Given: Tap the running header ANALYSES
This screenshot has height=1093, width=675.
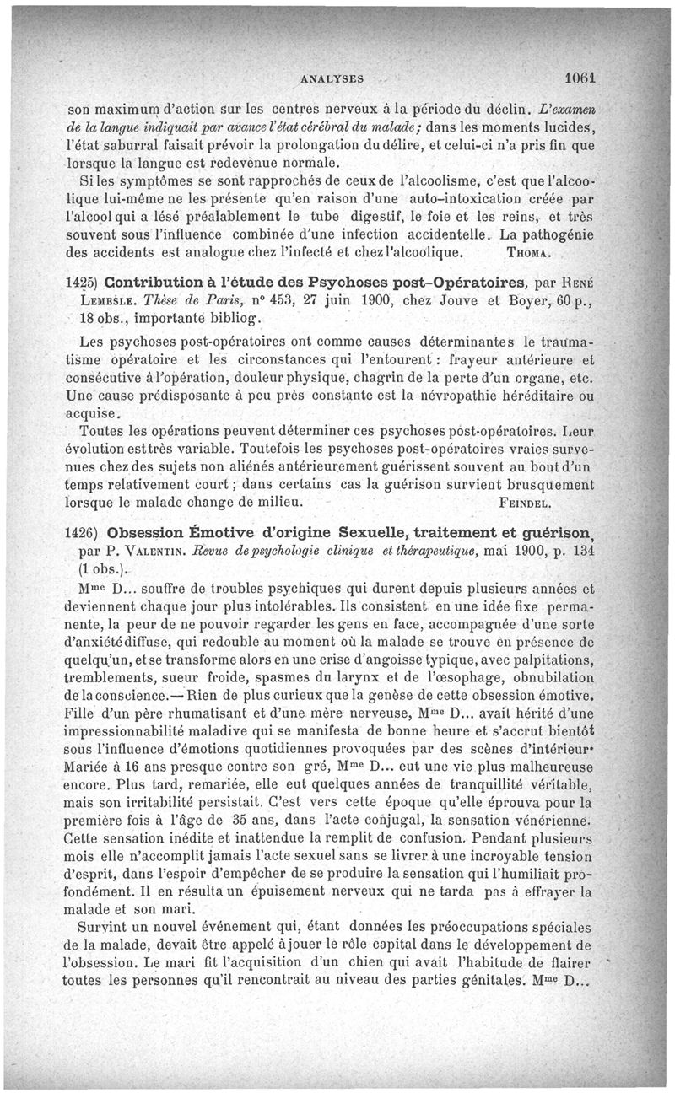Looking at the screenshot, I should click(332, 79).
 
